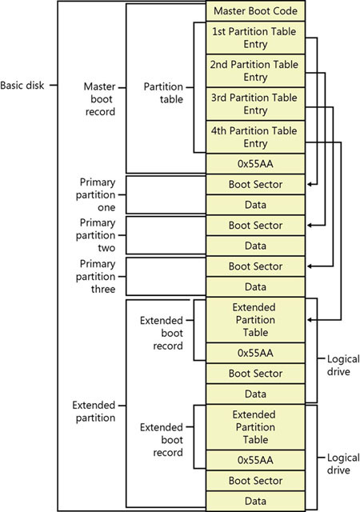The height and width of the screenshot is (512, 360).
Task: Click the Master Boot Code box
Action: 255,10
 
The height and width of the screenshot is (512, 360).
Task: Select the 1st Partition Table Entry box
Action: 255,38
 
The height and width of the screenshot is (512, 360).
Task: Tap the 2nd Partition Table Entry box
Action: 255,71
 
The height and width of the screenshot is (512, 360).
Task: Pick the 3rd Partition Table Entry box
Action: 255,104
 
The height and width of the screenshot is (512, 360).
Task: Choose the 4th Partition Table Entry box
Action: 255,137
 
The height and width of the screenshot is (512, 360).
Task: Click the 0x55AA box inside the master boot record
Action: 255,164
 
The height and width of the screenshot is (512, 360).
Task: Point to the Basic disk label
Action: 22,86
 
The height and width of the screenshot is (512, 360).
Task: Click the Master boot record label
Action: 100,99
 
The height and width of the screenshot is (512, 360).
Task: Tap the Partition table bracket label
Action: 163,93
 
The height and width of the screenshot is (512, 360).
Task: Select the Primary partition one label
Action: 96,194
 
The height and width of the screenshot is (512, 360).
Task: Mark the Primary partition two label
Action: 96,235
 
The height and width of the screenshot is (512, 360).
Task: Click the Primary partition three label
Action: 96,276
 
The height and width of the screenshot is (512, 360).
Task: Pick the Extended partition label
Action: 94,411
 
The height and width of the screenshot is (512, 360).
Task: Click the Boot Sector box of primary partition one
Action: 255,185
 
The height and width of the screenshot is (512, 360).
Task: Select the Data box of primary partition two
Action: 255,246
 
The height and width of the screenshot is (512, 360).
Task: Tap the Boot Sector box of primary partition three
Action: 255,266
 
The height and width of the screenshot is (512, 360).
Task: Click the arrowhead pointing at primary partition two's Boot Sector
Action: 310,226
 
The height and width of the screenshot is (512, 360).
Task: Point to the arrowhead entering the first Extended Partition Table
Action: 310,320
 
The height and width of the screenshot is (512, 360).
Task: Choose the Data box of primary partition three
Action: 255,287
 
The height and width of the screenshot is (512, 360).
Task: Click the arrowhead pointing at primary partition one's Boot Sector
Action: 310,185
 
